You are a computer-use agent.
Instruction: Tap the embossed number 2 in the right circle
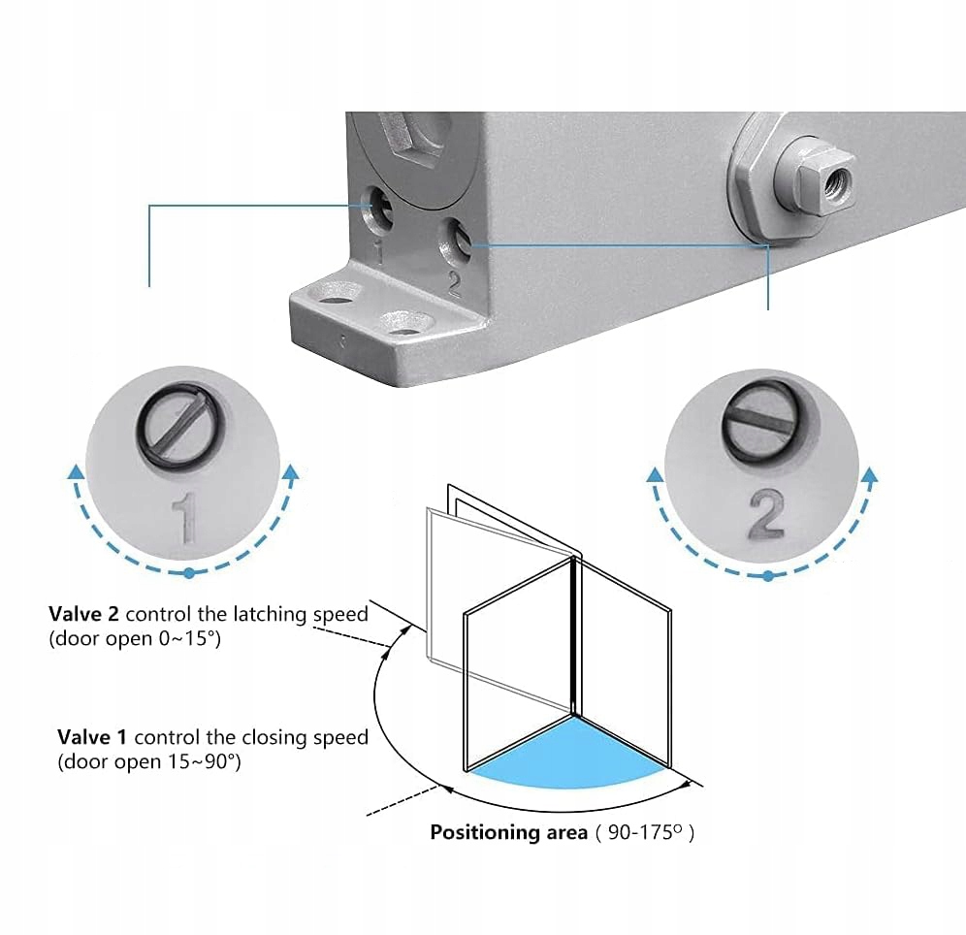(766, 513)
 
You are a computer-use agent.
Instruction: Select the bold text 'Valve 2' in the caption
(84, 614)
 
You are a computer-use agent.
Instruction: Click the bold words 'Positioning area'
(509, 832)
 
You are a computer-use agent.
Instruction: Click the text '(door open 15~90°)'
(148, 762)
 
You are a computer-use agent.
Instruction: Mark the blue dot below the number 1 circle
(188, 573)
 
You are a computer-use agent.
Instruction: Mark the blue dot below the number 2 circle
(768, 575)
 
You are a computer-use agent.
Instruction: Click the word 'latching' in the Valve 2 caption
(274, 614)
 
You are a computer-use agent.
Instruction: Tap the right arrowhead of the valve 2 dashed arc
(870, 475)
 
